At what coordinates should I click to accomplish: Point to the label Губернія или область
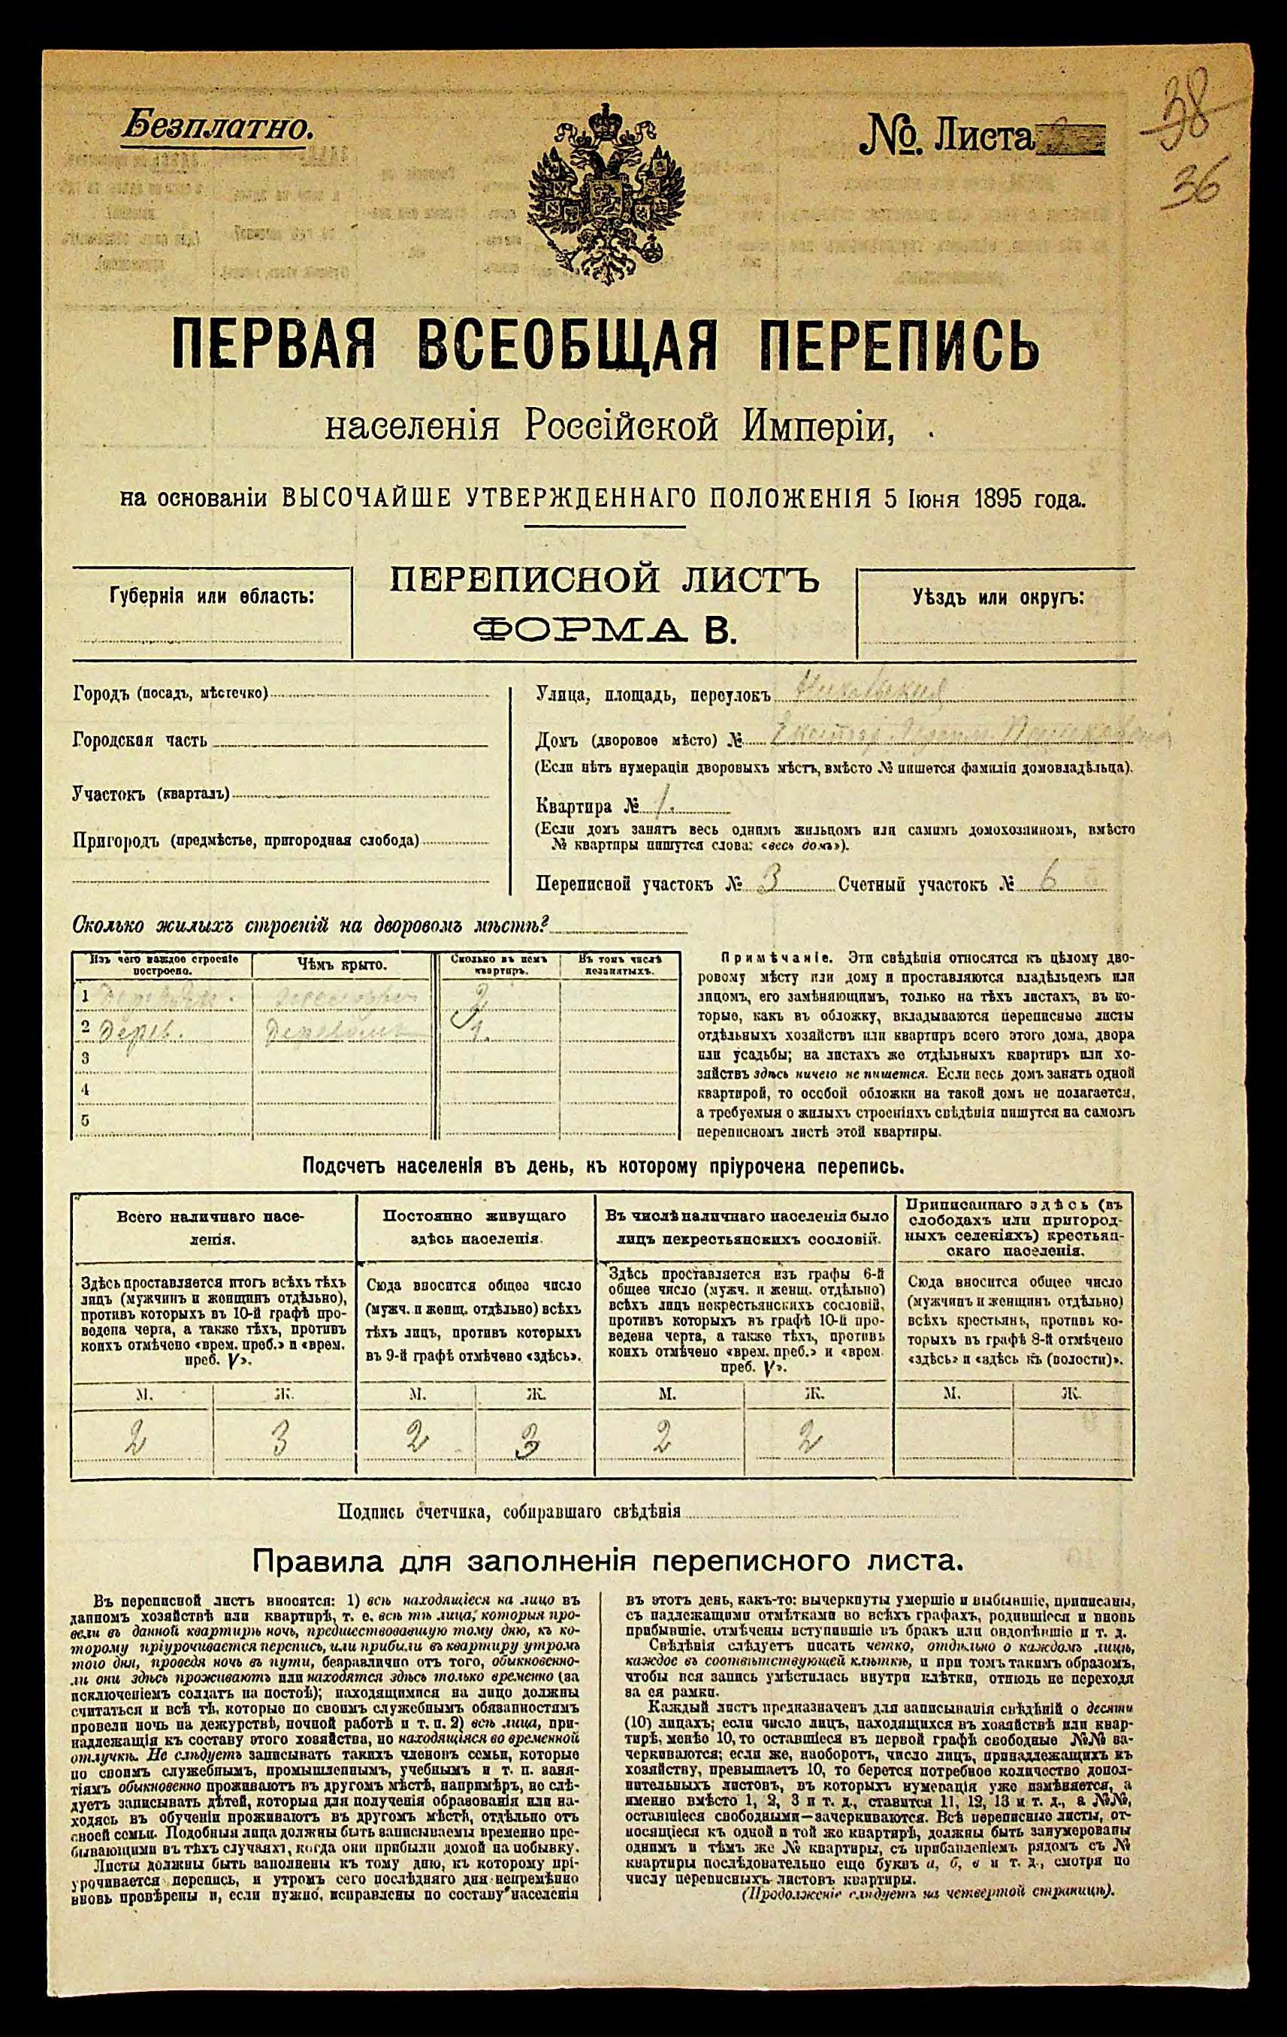(x=212, y=596)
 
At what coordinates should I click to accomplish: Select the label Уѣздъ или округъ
(x=998, y=598)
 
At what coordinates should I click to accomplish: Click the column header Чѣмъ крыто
(x=342, y=965)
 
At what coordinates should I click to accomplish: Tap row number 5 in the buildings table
(x=85, y=1121)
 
